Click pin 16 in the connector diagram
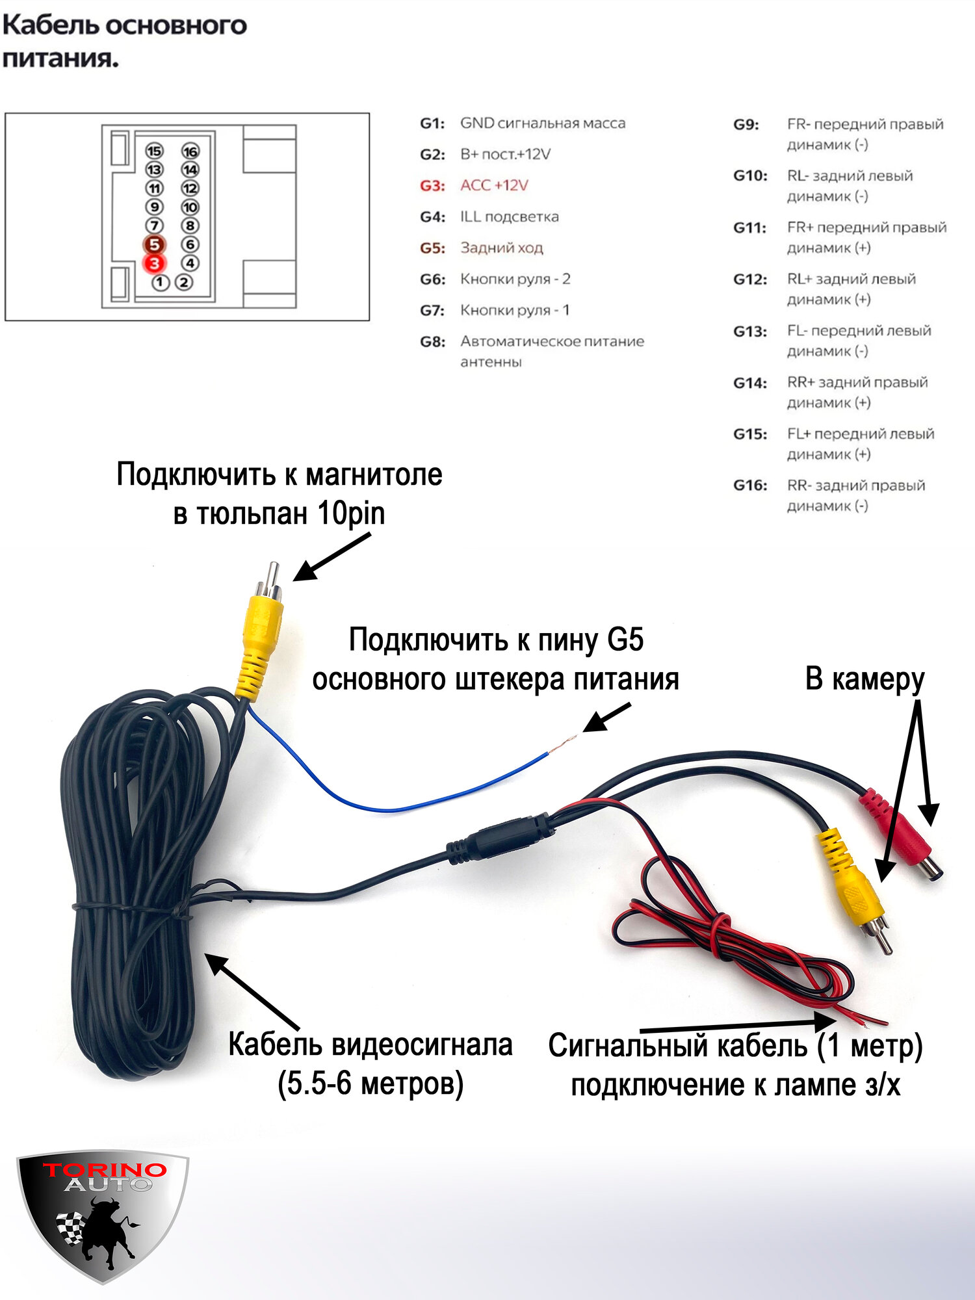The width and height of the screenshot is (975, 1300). pyautogui.click(x=190, y=151)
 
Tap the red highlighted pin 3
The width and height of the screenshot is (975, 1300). pyautogui.click(x=154, y=263)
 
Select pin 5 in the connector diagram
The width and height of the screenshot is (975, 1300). pyautogui.click(x=154, y=244)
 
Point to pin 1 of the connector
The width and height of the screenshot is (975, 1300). pyautogui.click(x=160, y=283)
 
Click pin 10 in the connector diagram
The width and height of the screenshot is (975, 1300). pyautogui.click(x=190, y=207)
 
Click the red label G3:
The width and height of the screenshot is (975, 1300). pyautogui.click(x=432, y=186)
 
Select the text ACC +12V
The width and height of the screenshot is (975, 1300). pyautogui.click(x=494, y=186)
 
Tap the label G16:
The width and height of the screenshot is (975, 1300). pyautogui.click(x=750, y=486)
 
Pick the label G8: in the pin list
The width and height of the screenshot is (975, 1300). pyautogui.click(x=432, y=342)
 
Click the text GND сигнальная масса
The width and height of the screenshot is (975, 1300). pyautogui.click(x=542, y=123)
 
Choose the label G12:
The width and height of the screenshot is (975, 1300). pyautogui.click(x=750, y=279)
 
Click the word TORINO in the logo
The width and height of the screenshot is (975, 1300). pyautogui.click(x=105, y=1171)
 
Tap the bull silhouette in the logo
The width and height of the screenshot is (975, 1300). pyautogui.click(x=104, y=1232)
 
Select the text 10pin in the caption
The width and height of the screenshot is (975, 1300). pyautogui.click(x=351, y=513)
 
